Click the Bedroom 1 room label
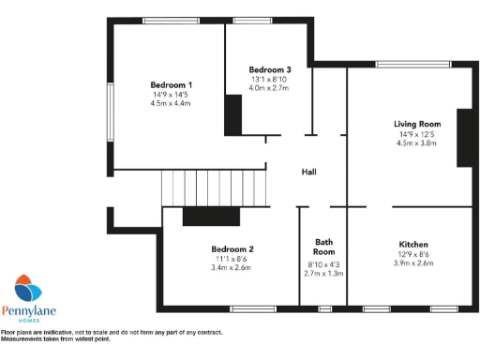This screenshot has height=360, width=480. pos(171,84)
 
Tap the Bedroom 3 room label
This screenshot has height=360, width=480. pos(269,69)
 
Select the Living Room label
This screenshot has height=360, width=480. pos(417,124)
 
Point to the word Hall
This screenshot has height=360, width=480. pos(308,172)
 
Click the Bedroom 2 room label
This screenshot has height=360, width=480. pos(232,248)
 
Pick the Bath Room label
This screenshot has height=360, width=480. pos(323,247)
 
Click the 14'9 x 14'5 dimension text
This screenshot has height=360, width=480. pos(171,95)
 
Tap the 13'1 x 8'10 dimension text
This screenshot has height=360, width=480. pos(269,80)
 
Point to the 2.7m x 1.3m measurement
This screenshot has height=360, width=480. pos(323,273)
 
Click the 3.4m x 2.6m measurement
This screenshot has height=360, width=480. pos(232,267)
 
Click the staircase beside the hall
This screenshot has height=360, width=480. pos(213,187)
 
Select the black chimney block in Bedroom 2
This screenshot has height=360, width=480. pos(203,217)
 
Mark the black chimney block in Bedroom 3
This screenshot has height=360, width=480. pos(233,114)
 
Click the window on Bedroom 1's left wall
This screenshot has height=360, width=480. pos(110,118)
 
